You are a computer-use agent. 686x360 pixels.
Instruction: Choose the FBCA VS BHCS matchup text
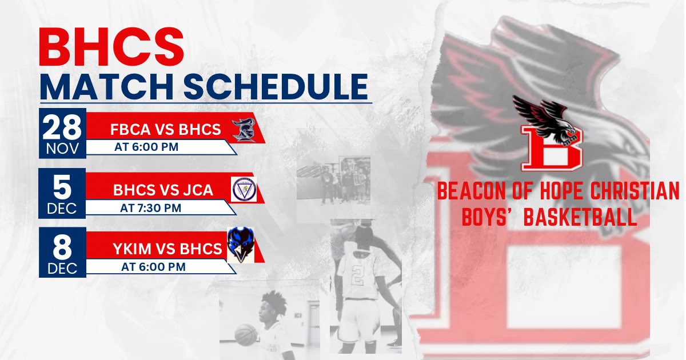tap(165, 130)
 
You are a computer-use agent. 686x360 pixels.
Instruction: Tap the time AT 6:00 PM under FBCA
tap(147, 147)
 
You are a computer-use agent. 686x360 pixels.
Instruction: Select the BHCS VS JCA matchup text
tap(163, 190)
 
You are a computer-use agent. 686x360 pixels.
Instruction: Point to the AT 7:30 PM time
tap(150, 208)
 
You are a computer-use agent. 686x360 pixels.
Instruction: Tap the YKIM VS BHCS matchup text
tap(167, 249)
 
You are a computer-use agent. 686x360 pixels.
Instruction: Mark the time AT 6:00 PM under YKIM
tap(153, 267)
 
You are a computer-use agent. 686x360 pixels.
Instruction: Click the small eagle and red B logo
tap(552, 134)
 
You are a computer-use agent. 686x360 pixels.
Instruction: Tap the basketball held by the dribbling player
tap(246, 334)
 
